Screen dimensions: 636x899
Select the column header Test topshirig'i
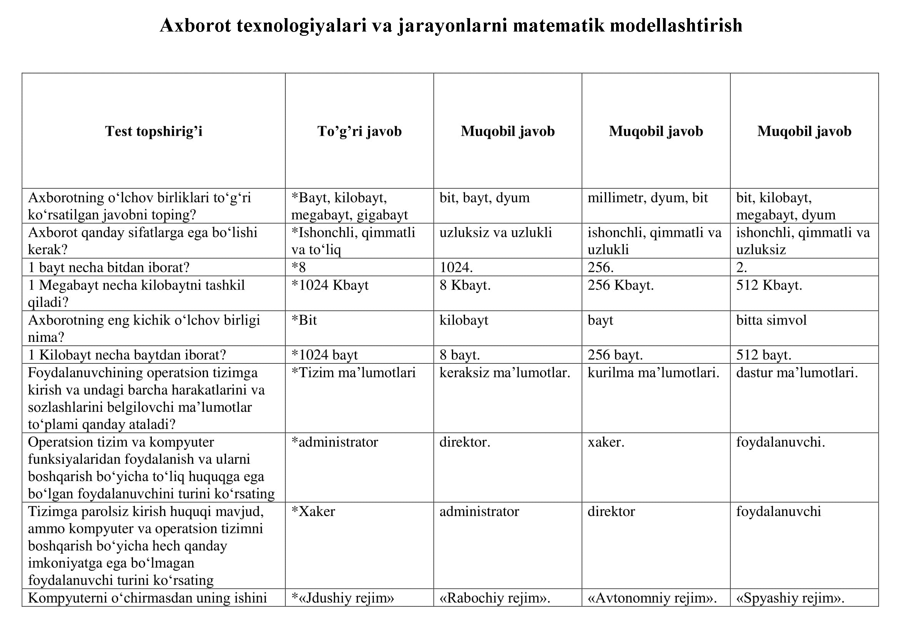click(x=153, y=131)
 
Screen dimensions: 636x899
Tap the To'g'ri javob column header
click(x=359, y=131)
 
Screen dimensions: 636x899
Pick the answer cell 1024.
click(x=456, y=268)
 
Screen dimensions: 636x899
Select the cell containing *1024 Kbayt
click(x=330, y=285)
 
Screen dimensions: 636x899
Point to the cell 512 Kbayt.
click(x=769, y=285)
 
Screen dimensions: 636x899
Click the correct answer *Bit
click(x=304, y=320)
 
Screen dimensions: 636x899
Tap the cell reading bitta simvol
click(x=771, y=320)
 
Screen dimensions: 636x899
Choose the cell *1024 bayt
click(x=325, y=355)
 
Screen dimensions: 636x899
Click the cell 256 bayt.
click(x=615, y=355)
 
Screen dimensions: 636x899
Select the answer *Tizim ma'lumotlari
click(x=354, y=373)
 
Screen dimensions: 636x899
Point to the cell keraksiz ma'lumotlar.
click(x=505, y=373)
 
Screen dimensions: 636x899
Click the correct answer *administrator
click(x=335, y=442)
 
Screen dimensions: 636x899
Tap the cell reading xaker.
click(x=606, y=442)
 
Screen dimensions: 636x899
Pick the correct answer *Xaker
click(x=313, y=511)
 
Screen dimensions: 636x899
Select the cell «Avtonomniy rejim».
click(x=652, y=598)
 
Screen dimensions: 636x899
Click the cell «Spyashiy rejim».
click(x=790, y=598)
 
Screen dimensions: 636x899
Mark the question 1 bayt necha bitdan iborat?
click(x=109, y=268)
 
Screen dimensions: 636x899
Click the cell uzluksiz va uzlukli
click(x=496, y=233)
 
